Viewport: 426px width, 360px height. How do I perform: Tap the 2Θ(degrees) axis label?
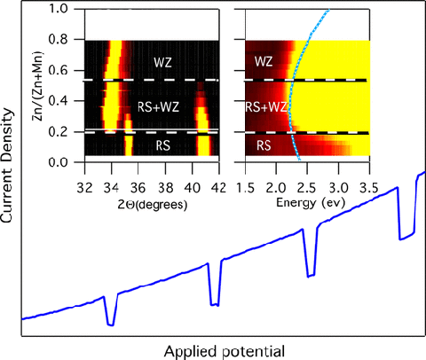[x=147, y=201]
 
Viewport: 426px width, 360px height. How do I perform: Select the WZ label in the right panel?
[x=264, y=62]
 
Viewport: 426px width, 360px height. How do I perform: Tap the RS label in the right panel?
[x=264, y=145]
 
